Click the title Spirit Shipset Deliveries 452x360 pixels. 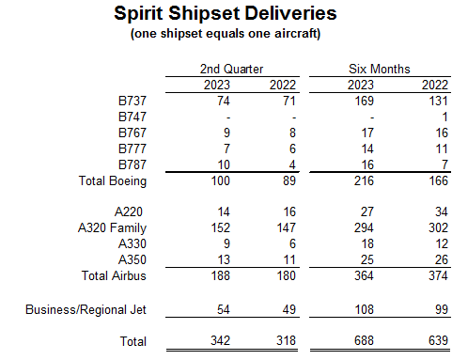[x=226, y=14]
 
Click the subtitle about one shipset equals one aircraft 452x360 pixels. [x=226, y=34]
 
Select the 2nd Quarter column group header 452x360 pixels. [x=231, y=69]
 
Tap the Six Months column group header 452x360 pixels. [x=380, y=69]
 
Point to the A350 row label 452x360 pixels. [x=132, y=258]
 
